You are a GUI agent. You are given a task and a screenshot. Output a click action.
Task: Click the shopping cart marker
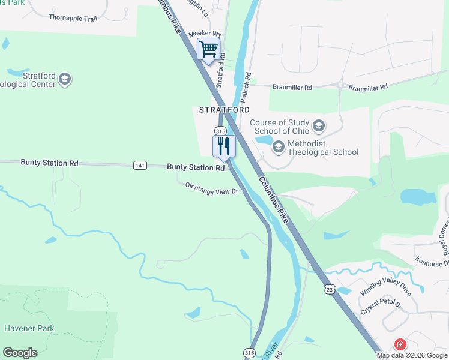208,49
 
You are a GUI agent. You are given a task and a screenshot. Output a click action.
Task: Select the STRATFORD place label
224,110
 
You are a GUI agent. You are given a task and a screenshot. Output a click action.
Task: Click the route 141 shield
140,166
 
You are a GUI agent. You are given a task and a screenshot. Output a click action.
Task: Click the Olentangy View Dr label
212,189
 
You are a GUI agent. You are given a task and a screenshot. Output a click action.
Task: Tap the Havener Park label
29,328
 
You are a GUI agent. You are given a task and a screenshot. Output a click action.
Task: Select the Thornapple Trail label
73,19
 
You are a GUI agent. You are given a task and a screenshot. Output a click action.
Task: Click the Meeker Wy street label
205,34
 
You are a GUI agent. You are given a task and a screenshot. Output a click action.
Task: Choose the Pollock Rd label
246,88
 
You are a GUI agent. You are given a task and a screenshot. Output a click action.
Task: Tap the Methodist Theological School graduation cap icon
278,146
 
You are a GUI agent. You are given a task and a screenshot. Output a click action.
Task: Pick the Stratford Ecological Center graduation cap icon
65,79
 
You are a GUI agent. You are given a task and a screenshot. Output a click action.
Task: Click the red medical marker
399,344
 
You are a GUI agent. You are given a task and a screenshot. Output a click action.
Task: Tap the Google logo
20,353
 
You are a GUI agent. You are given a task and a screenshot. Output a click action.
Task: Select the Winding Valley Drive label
385,285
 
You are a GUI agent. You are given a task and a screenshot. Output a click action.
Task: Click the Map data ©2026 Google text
412,355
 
